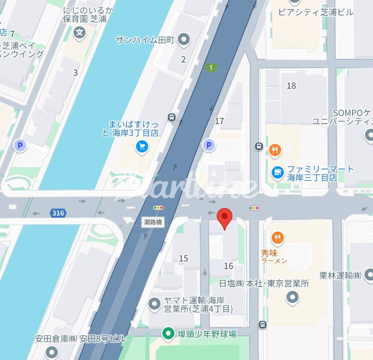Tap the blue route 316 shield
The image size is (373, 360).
point(58,213)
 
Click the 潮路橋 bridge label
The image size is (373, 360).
point(154,222)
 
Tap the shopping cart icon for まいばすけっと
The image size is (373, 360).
point(142,147)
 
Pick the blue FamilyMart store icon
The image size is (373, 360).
point(277,173)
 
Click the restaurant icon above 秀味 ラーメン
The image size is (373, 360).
point(277,238)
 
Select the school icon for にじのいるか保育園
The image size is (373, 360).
point(81,32)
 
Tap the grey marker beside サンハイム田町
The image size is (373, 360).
point(184,40)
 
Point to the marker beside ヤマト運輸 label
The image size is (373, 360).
point(154,304)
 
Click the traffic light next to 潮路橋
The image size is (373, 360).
point(158,208)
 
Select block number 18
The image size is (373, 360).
point(291,85)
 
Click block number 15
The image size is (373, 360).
point(183,258)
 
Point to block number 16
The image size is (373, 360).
point(228,266)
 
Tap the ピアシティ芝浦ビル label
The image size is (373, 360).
point(316,12)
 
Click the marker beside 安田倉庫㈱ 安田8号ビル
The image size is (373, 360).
point(52,352)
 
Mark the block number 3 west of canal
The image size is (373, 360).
point(75,73)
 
